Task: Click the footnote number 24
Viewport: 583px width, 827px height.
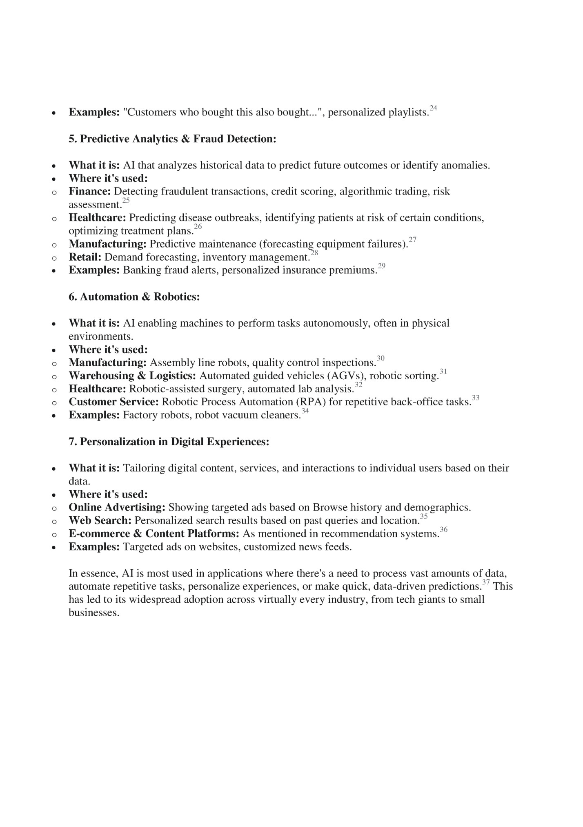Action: [433, 108]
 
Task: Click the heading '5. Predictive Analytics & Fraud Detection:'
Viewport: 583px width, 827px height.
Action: [172, 139]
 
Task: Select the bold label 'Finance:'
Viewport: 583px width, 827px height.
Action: [89, 191]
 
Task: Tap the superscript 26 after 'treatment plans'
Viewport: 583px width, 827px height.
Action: [198, 226]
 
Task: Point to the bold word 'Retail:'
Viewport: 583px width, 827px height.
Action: [85, 257]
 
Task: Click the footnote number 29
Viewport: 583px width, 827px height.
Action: [382, 266]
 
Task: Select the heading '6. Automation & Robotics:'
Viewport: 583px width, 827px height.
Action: [134, 297]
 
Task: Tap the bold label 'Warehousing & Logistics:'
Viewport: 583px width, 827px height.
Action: [132, 376]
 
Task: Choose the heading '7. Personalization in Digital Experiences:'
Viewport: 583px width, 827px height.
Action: [169, 442]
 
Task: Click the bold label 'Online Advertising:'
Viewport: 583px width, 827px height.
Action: [117, 508]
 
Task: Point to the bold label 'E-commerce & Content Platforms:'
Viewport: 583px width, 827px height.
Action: [154, 534]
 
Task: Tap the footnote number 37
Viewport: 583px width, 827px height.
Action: [486, 583]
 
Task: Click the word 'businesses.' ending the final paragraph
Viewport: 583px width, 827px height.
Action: [94, 613]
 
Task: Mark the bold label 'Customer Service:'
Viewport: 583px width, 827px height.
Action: [113, 402]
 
